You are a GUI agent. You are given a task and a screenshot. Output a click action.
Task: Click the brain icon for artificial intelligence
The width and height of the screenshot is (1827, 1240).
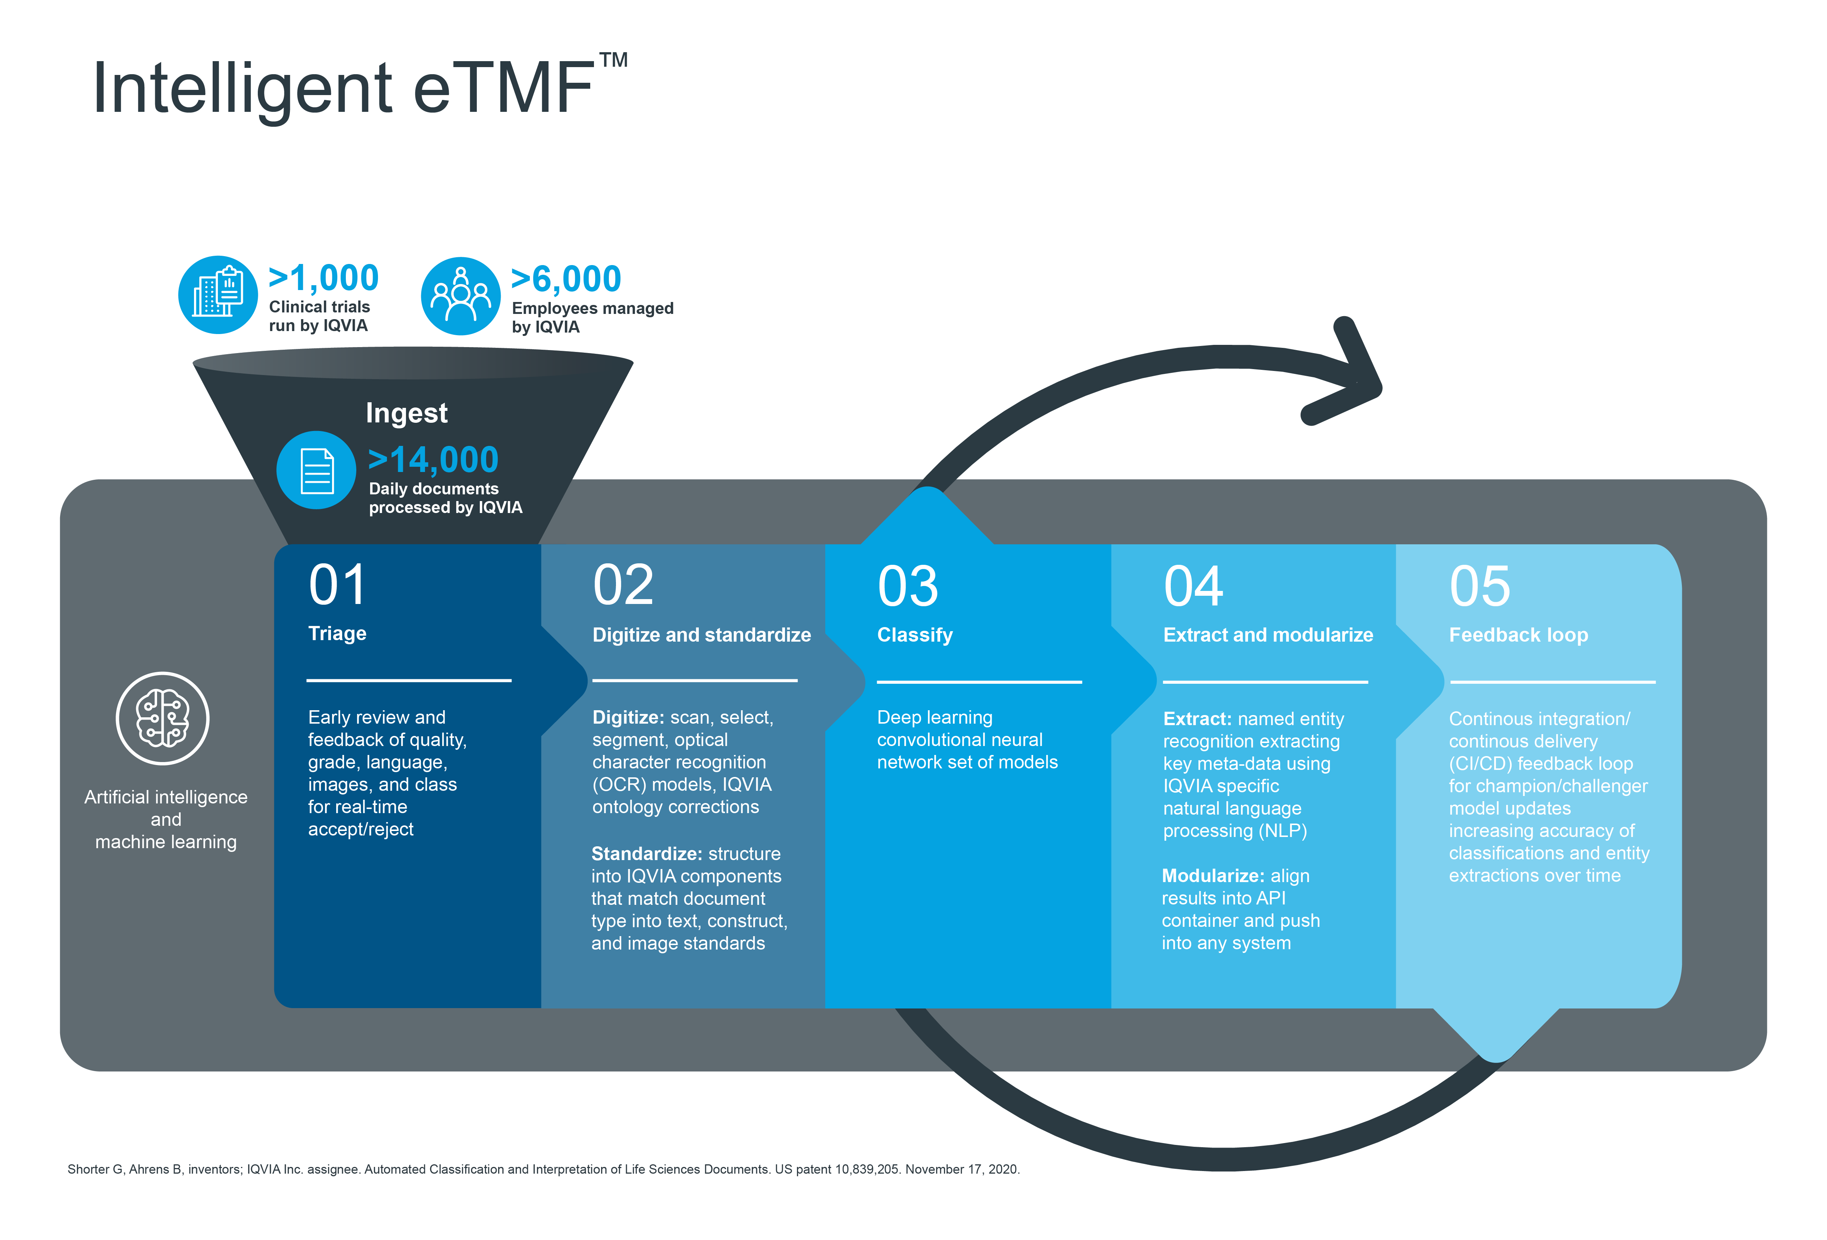point(163,718)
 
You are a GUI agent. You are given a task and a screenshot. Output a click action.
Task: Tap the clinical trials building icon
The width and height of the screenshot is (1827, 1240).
point(218,295)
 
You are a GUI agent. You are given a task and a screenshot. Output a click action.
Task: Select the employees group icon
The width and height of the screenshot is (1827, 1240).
point(461,296)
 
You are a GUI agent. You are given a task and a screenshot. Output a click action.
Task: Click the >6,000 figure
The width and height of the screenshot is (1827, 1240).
point(566,279)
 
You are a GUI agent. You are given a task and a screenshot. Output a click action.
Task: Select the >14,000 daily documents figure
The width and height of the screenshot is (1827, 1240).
point(433,460)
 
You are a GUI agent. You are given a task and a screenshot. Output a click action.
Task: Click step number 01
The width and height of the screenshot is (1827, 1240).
point(337,585)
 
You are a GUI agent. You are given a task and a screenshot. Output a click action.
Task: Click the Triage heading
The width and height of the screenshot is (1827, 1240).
point(337,633)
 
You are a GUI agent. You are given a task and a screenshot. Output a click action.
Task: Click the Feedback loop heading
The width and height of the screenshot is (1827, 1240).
point(1518,635)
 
